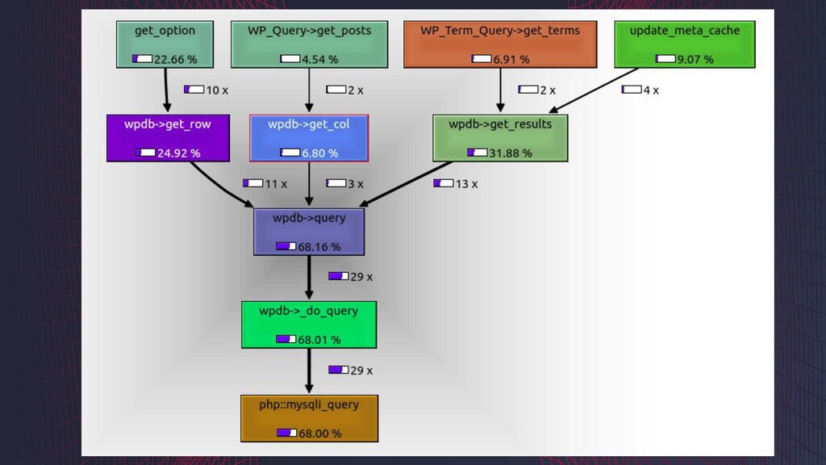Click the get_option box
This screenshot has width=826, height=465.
[165, 44]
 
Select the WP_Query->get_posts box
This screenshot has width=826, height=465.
[310, 44]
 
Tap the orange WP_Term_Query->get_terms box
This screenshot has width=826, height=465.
[500, 44]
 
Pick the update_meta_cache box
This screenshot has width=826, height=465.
[684, 44]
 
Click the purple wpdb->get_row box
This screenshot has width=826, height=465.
[169, 138]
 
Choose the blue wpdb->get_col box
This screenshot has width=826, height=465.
[309, 138]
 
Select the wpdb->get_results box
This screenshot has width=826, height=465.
[500, 138]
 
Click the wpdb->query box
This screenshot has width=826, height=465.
[309, 232]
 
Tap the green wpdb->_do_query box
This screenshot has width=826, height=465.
[309, 325]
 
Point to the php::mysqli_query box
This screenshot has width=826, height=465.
[309, 418]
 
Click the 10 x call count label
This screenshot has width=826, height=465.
[206, 90]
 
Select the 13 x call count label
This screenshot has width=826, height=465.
[456, 184]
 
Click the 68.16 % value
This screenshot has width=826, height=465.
[319, 247]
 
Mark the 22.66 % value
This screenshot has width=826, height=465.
[175, 60]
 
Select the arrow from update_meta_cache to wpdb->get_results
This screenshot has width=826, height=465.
[593, 90]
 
